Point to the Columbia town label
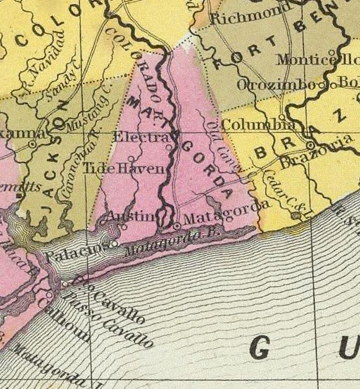point(258,124)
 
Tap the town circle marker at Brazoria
point(310,145)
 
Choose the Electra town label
point(140,137)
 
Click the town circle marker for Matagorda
point(177,225)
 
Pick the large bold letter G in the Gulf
point(259,351)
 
